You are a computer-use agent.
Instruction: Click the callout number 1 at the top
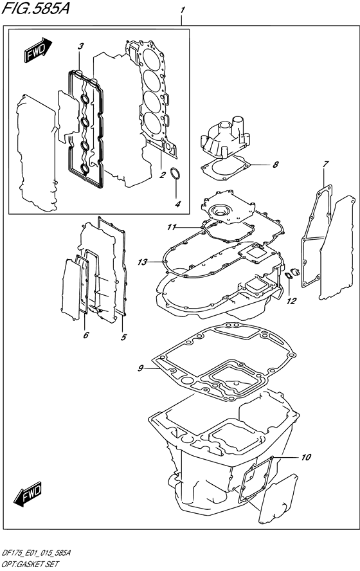[x=183, y=11]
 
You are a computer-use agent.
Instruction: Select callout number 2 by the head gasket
[x=163, y=174]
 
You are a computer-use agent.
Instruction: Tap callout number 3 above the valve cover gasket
[x=81, y=46]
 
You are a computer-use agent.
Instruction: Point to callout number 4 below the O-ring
[x=178, y=204]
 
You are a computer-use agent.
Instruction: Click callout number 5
[x=123, y=336]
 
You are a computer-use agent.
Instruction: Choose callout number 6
[x=85, y=334]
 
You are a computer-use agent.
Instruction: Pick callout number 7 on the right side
[x=327, y=165]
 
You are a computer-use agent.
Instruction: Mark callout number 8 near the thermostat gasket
[x=275, y=165]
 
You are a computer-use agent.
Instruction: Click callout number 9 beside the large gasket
[x=140, y=368]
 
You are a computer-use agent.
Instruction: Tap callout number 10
[x=305, y=457]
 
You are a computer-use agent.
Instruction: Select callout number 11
[x=171, y=227]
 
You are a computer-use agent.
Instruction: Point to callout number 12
[x=291, y=300]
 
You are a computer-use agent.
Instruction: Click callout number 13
[x=142, y=262]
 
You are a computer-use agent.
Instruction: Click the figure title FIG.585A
[x=37, y=10]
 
